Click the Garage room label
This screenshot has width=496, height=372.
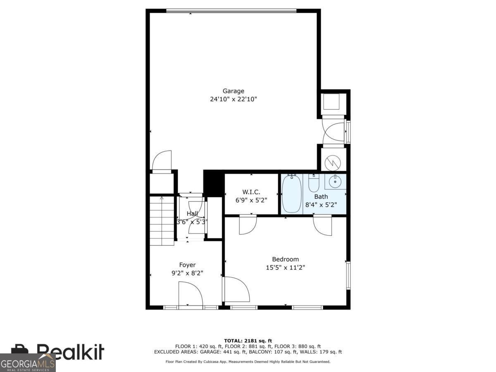(234, 91)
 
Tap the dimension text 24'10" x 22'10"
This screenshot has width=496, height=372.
(234, 99)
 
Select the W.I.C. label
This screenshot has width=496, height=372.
(251, 192)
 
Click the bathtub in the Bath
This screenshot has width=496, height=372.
(292, 193)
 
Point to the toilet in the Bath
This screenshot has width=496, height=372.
(314, 184)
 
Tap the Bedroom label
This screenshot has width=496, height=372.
(285, 259)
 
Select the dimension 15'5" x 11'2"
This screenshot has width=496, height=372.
(285, 267)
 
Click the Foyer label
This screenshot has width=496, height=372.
(187, 265)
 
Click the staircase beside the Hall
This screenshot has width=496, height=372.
(162, 221)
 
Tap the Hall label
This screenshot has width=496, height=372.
(192, 214)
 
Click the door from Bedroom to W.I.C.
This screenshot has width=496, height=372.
(248, 224)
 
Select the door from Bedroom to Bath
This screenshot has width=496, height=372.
(322, 225)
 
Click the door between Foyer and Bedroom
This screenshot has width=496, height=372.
(236, 289)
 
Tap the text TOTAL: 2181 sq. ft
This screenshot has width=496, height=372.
(248, 341)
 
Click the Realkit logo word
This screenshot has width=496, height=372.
(70, 352)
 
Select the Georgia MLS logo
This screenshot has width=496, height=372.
(28, 364)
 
